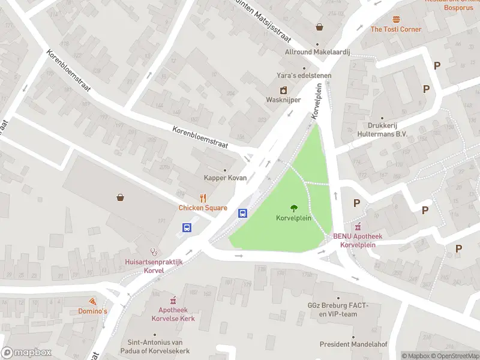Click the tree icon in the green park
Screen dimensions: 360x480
(294, 208)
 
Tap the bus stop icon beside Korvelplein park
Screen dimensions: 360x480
(243, 213)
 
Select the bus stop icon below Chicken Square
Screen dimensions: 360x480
(187, 227)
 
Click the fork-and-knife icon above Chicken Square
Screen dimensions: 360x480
(203, 198)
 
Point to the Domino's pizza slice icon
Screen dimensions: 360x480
(92, 301)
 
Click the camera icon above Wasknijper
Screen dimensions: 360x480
(284, 90)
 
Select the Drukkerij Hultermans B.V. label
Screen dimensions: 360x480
(382, 130)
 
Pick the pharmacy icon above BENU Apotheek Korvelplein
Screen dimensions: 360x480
(358, 227)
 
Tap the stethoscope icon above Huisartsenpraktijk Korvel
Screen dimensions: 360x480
(154, 252)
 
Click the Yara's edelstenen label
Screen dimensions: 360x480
(304, 76)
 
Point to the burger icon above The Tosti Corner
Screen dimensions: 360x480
(396, 19)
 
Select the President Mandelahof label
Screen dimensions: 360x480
(353, 344)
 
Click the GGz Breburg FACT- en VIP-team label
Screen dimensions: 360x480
(337, 310)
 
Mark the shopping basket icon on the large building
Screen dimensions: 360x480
(121, 197)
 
